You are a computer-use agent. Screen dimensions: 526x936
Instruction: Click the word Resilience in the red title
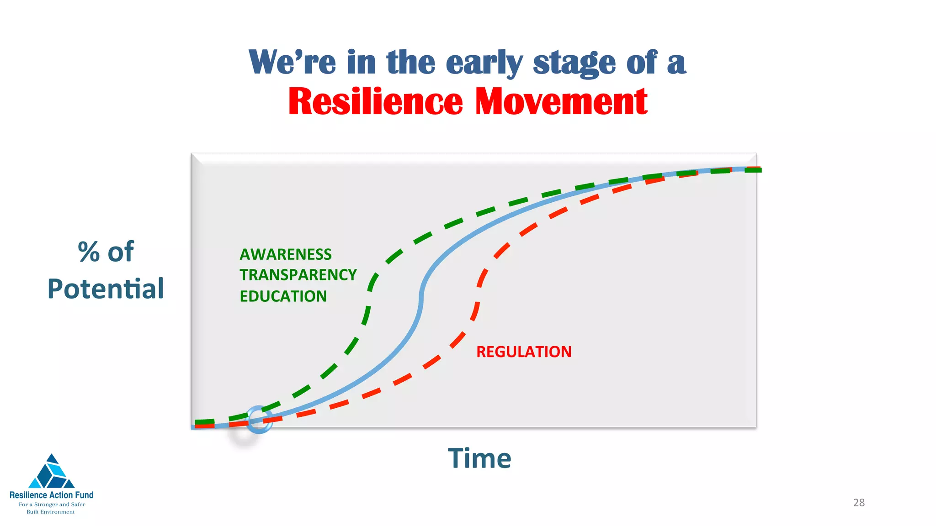pyautogui.click(x=376, y=102)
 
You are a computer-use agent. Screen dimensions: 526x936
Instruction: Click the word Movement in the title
pyautogui.click(x=561, y=102)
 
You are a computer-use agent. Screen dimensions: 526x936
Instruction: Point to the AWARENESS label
pyautogui.click(x=286, y=254)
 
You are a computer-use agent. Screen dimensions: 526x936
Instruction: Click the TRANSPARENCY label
pyautogui.click(x=298, y=275)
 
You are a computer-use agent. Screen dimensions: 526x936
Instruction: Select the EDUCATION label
pyautogui.click(x=283, y=296)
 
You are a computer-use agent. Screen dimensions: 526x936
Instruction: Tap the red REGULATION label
pyautogui.click(x=524, y=352)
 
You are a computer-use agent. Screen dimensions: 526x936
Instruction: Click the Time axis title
pyautogui.click(x=479, y=458)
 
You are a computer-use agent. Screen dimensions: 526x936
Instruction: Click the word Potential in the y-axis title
pyautogui.click(x=106, y=289)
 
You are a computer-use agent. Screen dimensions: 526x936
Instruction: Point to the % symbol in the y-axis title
pyautogui.click(x=89, y=252)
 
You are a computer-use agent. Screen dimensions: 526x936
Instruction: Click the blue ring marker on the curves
pyautogui.click(x=260, y=419)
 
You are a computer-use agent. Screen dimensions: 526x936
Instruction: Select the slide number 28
pyautogui.click(x=859, y=503)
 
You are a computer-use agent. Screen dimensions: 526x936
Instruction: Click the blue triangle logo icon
pyautogui.click(x=51, y=473)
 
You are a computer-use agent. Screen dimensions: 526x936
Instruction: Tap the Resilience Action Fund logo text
pyautogui.click(x=52, y=495)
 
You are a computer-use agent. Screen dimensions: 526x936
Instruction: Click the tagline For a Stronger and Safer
pyautogui.click(x=52, y=505)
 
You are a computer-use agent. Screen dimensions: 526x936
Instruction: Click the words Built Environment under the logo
pyautogui.click(x=51, y=512)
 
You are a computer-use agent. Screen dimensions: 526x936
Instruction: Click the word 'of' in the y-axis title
pyautogui.click(x=121, y=252)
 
